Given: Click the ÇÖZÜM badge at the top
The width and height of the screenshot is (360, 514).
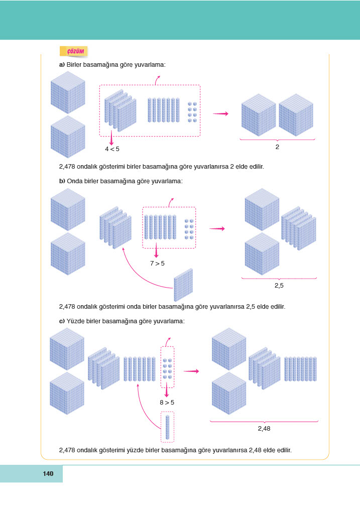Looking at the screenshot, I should (74, 51).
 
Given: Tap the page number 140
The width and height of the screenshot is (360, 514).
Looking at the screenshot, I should (48, 473).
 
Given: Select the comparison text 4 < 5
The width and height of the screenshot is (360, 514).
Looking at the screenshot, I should (112, 149).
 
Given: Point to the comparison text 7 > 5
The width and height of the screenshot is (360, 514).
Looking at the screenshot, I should (157, 263).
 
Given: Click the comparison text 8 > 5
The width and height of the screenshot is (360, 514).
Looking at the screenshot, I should (167, 402).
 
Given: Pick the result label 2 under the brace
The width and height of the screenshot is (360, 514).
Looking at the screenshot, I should (277, 148).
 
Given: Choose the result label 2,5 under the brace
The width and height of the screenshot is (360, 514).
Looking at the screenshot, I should (280, 286).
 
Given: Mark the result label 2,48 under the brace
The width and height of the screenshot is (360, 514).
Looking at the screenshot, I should (264, 429).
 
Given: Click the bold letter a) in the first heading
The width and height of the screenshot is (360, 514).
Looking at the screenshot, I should (62, 65).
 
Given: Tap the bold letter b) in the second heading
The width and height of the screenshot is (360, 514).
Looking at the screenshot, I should (62, 181).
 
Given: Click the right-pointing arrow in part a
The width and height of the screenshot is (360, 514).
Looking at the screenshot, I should (220, 113).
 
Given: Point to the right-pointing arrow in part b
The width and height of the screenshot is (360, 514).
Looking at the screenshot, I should (216, 229).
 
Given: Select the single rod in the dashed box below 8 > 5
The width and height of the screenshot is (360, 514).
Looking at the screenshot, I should (167, 427).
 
